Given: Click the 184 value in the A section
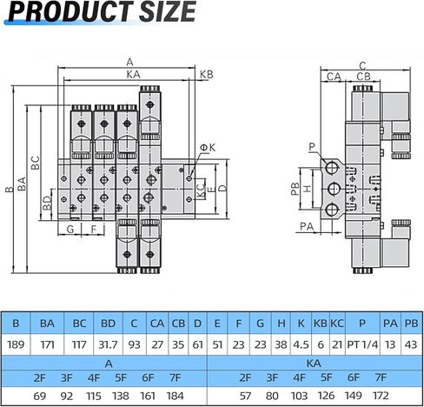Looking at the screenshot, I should (x=174, y=396).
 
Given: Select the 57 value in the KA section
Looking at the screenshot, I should (x=245, y=396).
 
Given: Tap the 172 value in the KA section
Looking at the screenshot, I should (x=380, y=396).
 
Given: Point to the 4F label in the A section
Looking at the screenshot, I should (x=94, y=378).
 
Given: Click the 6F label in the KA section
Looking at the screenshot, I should (x=353, y=378).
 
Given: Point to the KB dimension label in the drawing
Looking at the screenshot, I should (x=206, y=76).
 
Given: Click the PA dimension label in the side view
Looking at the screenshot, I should (x=305, y=226).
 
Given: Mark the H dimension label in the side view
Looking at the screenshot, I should (x=306, y=189).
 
